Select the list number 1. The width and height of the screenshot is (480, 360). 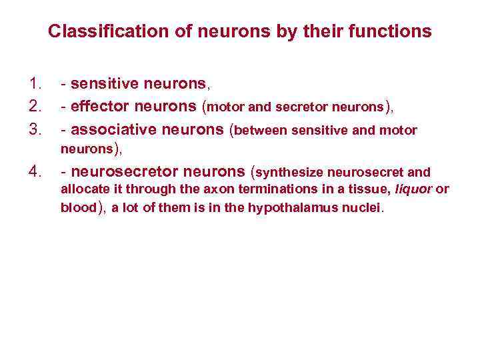click(x=35, y=84)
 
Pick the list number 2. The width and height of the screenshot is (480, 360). click(x=35, y=107)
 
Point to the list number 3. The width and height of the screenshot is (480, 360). click(x=35, y=130)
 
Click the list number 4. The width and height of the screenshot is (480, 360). click(x=35, y=172)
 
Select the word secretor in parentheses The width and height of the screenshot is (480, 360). click(x=311, y=107)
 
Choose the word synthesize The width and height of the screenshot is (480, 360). click(x=291, y=173)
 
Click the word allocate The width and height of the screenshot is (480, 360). click(x=83, y=189)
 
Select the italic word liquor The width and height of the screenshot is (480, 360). click(x=414, y=189)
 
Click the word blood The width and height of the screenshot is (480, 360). click(x=79, y=208)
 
